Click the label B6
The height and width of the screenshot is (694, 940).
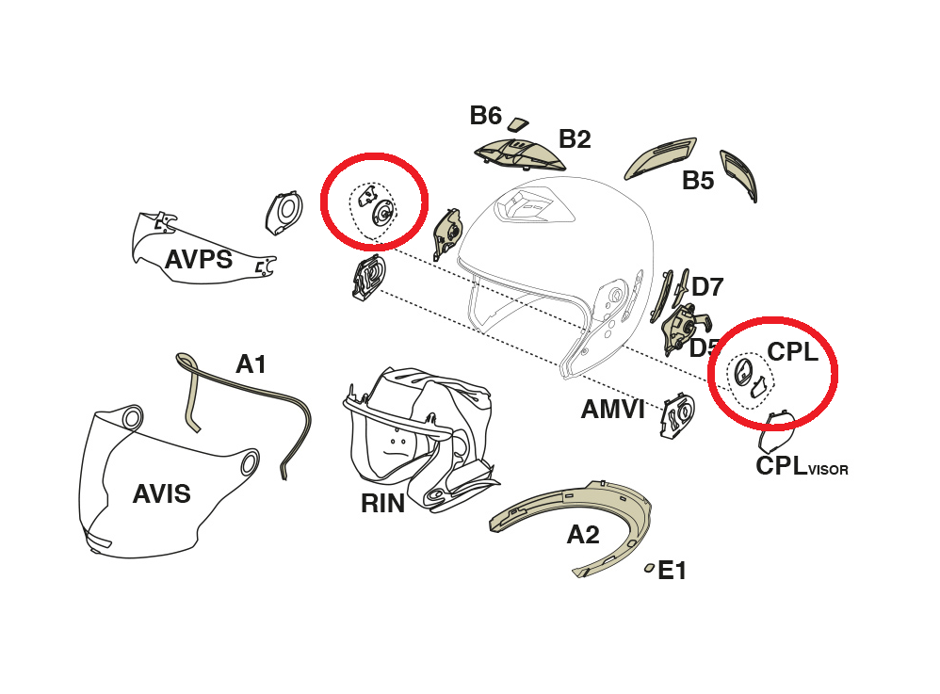coord(485,116)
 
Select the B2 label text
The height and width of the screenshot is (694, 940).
coord(575,139)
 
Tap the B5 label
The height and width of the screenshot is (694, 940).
coord(698,181)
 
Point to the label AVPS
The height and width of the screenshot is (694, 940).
coord(199,259)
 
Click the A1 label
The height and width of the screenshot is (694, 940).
coord(251,363)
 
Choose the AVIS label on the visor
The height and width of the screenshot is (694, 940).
coord(162,492)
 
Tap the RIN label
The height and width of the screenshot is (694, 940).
coord(382,504)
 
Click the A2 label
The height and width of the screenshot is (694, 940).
coord(583,535)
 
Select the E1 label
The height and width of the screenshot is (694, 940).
coord(672,570)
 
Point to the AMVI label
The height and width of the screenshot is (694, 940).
coord(612,409)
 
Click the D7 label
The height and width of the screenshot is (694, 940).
coord(707,286)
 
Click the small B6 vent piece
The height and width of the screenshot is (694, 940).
coord(519,123)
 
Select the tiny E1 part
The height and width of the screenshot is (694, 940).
coord(648,568)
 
